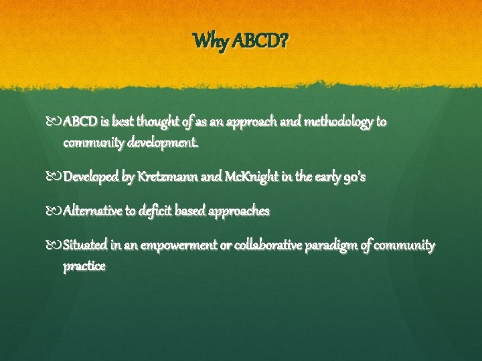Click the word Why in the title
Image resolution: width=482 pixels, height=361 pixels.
pyautogui.click(x=208, y=42)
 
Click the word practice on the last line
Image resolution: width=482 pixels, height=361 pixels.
pyautogui.click(x=84, y=266)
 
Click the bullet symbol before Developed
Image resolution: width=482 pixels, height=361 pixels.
pyautogui.click(x=54, y=177)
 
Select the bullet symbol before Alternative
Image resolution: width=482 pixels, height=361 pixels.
pyautogui.click(x=54, y=211)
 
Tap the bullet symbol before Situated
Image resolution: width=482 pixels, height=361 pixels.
pyautogui.click(x=54, y=245)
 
